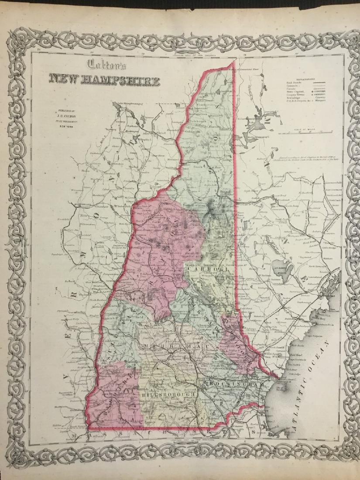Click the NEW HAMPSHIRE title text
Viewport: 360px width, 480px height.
coord(104,79)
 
